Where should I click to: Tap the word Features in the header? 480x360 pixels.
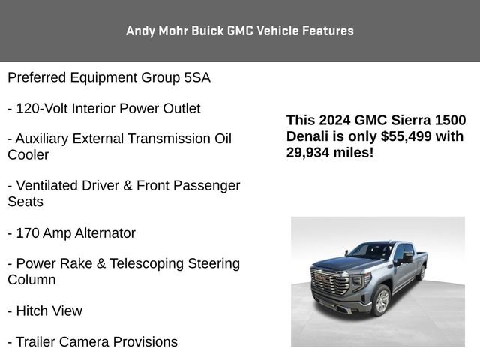point(327,31)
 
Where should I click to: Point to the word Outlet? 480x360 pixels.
point(178,109)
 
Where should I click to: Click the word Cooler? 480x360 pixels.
point(28,155)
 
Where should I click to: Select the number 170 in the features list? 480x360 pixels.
point(27,233)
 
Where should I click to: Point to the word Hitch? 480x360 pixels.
point(31,310)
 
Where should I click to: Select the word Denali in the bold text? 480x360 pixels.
point(308,136)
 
